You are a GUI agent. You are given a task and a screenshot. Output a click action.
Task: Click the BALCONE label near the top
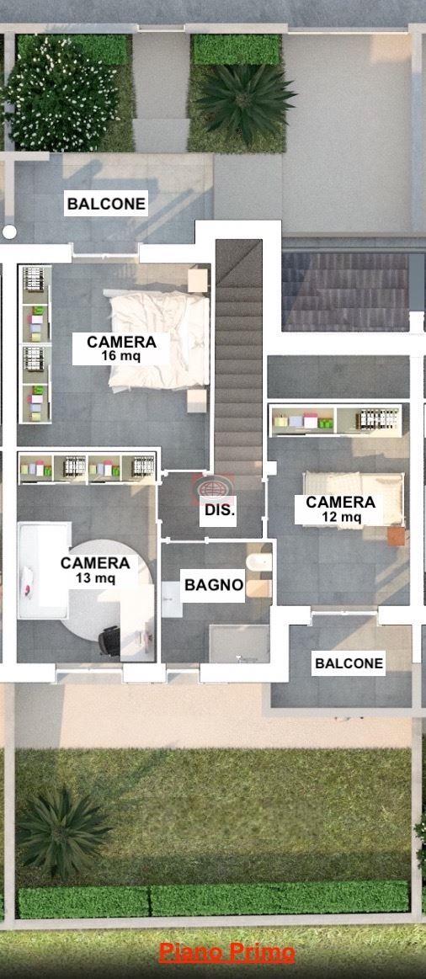pos(106,204)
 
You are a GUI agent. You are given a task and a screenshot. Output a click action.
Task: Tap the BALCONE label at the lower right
pos(349,662)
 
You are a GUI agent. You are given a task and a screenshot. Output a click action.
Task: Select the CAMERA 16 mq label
pos(121,349)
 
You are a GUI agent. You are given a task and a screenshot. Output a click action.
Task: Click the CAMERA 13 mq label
pos(95,570)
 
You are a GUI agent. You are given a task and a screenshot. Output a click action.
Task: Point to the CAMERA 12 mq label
pos(340,508)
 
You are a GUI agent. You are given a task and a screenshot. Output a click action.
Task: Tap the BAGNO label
pos(214,585)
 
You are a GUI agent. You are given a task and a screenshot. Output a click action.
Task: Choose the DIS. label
pos(220,510)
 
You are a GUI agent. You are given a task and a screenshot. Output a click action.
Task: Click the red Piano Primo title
pos(226,953)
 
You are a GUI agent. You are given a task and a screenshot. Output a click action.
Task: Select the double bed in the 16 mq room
pos(158,341)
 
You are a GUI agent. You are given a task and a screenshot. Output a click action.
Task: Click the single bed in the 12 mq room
pos(354,497)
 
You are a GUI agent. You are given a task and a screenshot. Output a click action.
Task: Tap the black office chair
pos(110,641)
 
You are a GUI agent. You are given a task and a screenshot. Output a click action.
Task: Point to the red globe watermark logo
pos(212,486)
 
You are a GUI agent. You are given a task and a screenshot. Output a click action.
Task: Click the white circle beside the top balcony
pos(9,232)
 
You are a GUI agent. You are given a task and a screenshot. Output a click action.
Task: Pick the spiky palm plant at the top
pos(245,103)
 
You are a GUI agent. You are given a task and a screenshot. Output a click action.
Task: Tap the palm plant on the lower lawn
pos(61,830)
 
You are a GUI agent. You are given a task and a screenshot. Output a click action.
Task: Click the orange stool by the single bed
pos(396,536)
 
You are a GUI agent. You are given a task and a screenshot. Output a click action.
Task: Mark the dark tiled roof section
pos(345,291)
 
